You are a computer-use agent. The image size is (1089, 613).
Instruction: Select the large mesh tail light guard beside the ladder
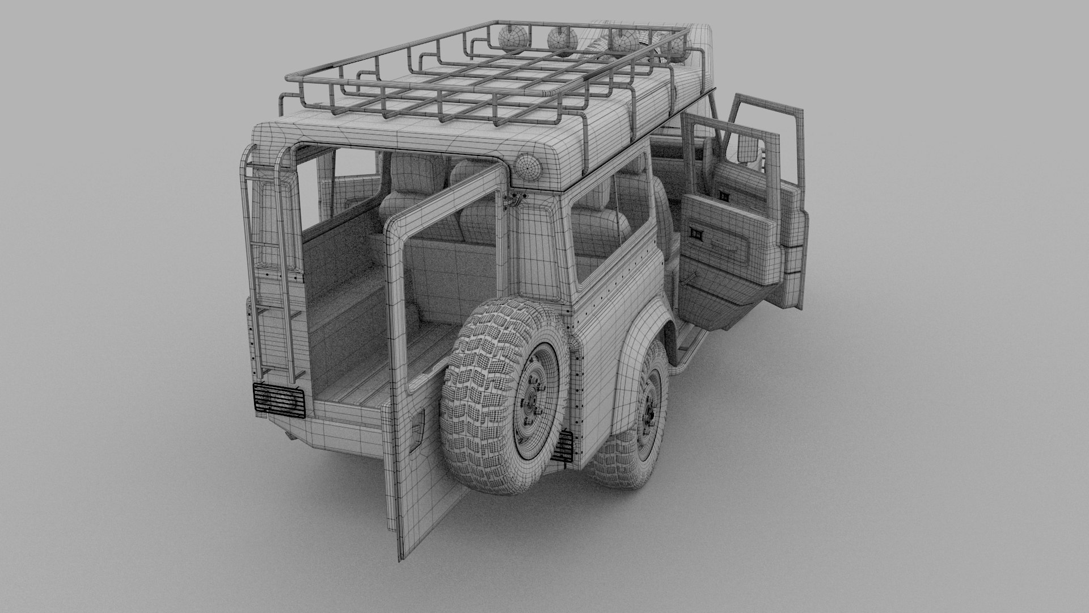[278, 400]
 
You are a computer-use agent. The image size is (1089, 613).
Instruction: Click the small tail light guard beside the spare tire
[565, 448]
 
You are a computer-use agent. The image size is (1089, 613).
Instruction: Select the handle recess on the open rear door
[417, 434]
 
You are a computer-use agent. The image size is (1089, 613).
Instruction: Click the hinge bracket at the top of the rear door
[515, 198]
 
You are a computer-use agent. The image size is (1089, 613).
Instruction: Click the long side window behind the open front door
[610, 227]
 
